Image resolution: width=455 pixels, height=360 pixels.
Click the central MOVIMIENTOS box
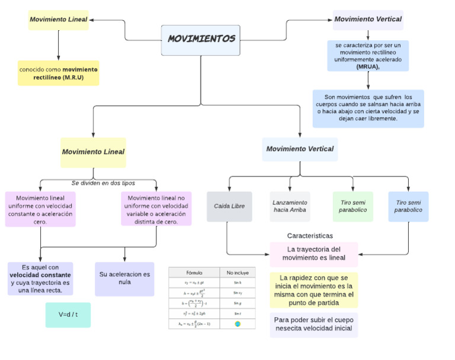click(201, 40)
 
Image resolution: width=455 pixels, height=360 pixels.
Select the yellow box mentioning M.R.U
click(59, 73)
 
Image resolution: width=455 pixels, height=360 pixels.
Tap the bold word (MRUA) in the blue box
click(367, 67)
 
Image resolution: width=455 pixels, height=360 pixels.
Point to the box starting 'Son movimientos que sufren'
click(369, 108)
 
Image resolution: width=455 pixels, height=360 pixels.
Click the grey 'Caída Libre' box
click(229, 206)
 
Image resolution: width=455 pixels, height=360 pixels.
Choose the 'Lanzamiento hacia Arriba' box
click(290, 206)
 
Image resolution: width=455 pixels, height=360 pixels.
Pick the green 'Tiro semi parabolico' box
click(353, 206)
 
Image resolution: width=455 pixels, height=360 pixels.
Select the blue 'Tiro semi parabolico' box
click(408, 206)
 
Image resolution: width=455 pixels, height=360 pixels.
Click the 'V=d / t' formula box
click(68, 314)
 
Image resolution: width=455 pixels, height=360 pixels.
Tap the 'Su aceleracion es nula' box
click(124, 279)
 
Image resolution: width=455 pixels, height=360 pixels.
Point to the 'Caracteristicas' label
click(310, 236)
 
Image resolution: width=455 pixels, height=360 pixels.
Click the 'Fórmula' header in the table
click(194, 272)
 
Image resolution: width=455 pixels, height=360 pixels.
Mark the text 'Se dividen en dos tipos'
click(103, 183)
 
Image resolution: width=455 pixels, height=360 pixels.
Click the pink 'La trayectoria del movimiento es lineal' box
click(313, 254)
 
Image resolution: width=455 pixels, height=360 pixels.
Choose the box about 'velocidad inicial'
click(313, 324)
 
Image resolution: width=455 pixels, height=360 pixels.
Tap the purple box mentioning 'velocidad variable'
click(156, 208)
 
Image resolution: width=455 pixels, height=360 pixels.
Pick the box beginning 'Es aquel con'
click(40, 279)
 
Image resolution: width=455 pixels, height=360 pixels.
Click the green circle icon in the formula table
click(237, 324)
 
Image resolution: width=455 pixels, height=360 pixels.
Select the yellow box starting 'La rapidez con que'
click(313, 290)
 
